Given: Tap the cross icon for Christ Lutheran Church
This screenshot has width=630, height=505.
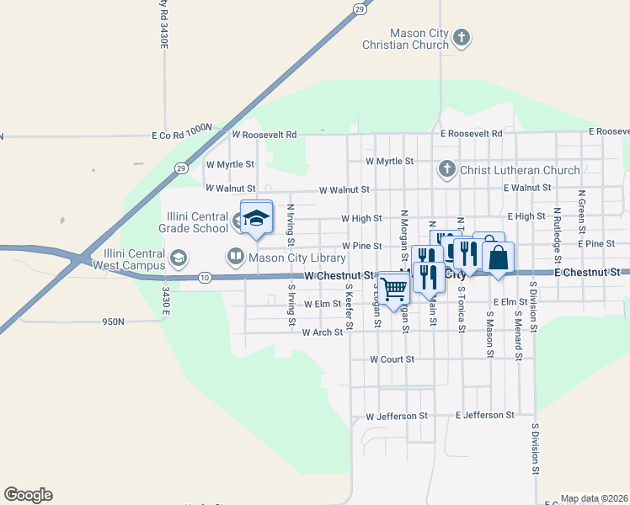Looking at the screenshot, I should [446, 170].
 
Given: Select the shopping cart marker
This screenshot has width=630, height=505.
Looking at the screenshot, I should [393, 289].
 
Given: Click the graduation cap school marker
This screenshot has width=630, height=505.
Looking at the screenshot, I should [256, 218].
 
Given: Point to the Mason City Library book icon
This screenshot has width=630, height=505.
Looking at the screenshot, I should [235, 256].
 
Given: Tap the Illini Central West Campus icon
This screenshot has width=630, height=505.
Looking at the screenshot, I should [178, 258].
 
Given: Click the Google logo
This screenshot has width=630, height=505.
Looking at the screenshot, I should [28, 495].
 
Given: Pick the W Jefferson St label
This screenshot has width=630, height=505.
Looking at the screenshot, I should [398, 416].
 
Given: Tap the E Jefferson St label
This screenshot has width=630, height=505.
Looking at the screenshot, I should [484, 415].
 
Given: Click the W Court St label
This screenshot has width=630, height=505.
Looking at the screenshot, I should [392, 359].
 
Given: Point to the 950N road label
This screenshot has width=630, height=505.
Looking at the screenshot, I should [113, 322].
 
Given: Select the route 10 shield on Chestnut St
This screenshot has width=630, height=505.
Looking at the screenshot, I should [205, 277].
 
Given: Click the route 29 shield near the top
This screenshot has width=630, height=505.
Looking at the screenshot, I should [360, 9].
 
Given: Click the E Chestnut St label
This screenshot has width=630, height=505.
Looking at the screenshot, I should [587, 273].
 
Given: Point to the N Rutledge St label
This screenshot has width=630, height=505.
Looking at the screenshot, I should [557, 228].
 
